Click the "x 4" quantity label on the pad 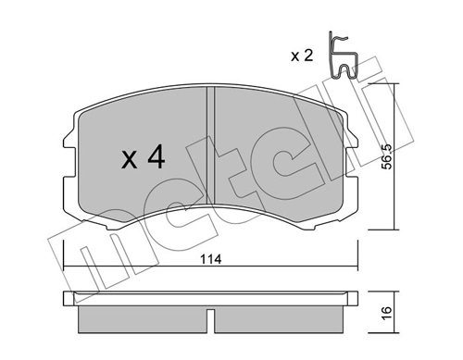pos(143,159)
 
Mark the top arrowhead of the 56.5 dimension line pos(396,85)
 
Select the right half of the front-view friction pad pos(278,148)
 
